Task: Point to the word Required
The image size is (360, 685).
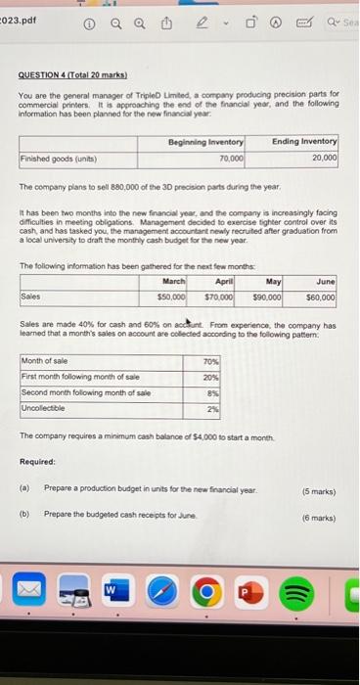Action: tap(37, 461)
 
